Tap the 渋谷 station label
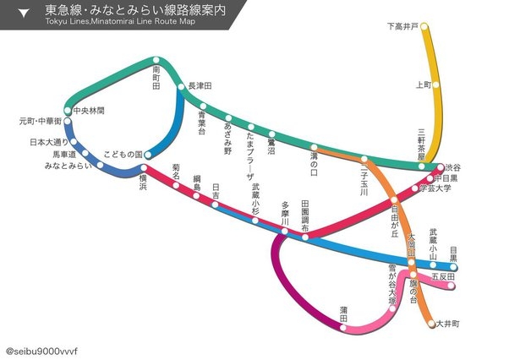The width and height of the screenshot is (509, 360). pos(454,167)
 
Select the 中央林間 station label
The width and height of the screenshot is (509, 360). pos(89,111)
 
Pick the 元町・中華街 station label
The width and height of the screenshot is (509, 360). pos(40,122)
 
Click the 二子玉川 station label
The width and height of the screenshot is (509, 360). pos(364,179)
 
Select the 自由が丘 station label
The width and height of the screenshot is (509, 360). pos(394,221)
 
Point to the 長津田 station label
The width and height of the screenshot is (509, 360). pos(199,86)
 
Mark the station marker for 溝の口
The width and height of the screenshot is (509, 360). pos(314,148)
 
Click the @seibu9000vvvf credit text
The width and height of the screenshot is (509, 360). pos(41,349)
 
